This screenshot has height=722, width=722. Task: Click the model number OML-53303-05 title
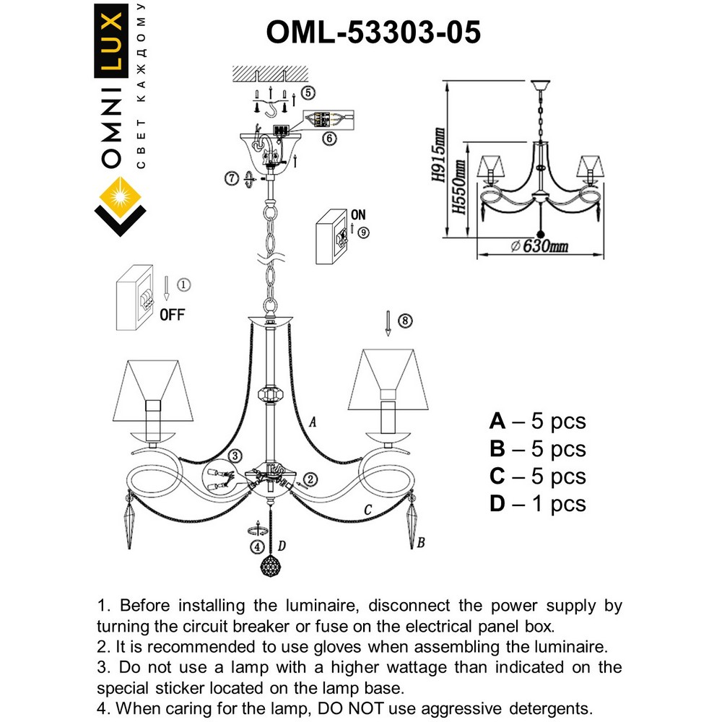pyautogui.click(x=373, y=32)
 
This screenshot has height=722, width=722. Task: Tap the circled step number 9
pyautogui.click(x=362, y=232)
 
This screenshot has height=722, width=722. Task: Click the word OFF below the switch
pyautogui.click(x=171, y=314)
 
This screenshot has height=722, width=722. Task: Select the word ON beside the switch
pyautogui.click(x=358, y=215)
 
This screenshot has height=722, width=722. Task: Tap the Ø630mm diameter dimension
pyautogui.click(x=539, y=247)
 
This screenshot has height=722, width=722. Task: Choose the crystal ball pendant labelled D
pyautogui.click(x=270, y=566)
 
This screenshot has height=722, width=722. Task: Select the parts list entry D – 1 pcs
pyautogui.click(x=537, y=504)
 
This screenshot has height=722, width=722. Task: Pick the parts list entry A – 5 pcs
pyautogui.click(x=537, y=421)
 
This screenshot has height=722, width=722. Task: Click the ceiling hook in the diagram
pyautogui.click(x=271, y=110)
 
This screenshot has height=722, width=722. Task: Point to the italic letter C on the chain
pyautogui.click(x=368, y=510)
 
